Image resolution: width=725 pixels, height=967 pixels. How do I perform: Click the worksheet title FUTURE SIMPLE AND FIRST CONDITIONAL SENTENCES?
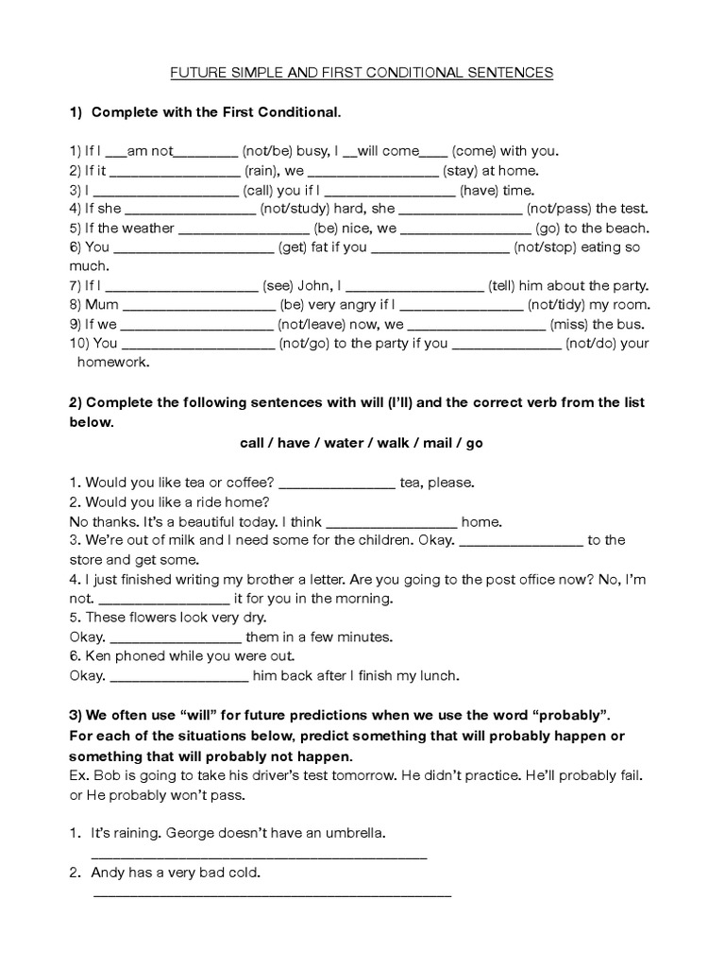pyautogui.click(x=362, y=72)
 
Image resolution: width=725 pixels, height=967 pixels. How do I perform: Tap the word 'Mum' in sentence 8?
pyautogui.click(x=102, y=305)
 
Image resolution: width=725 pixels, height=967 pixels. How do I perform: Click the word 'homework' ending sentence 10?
pyautogui.click(x=111, y=362)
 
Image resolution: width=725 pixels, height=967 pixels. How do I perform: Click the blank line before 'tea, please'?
pyautogui.click(x=337, y=483)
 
